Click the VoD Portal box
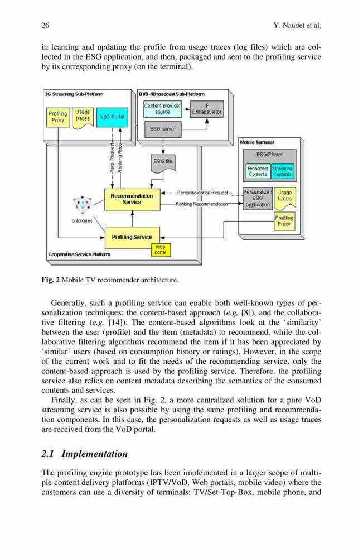click(x=112, y=117)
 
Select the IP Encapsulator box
click(x=206, y=109)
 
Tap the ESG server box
click(x=163, y=129)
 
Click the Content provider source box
click(x=162, y=109)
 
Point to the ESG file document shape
click(x=162, y=163)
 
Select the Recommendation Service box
click(x=132, y=199)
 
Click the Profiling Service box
click(x=132, y=237)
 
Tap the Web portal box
click(x=161, y=250)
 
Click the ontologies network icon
click(x=83, y=205)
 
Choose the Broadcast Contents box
click(x=258, y=171)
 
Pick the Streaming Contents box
click(x=283, y=171)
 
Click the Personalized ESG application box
click(x=258, y=199)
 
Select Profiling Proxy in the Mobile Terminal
click(x=284, y=221)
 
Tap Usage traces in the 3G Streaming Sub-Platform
click(x=83, y=116)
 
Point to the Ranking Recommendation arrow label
click(x=202, y=204)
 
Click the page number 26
click(x=46, y=25)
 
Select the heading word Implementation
click(x=95, y=454)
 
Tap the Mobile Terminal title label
click(x=257, y=142)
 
